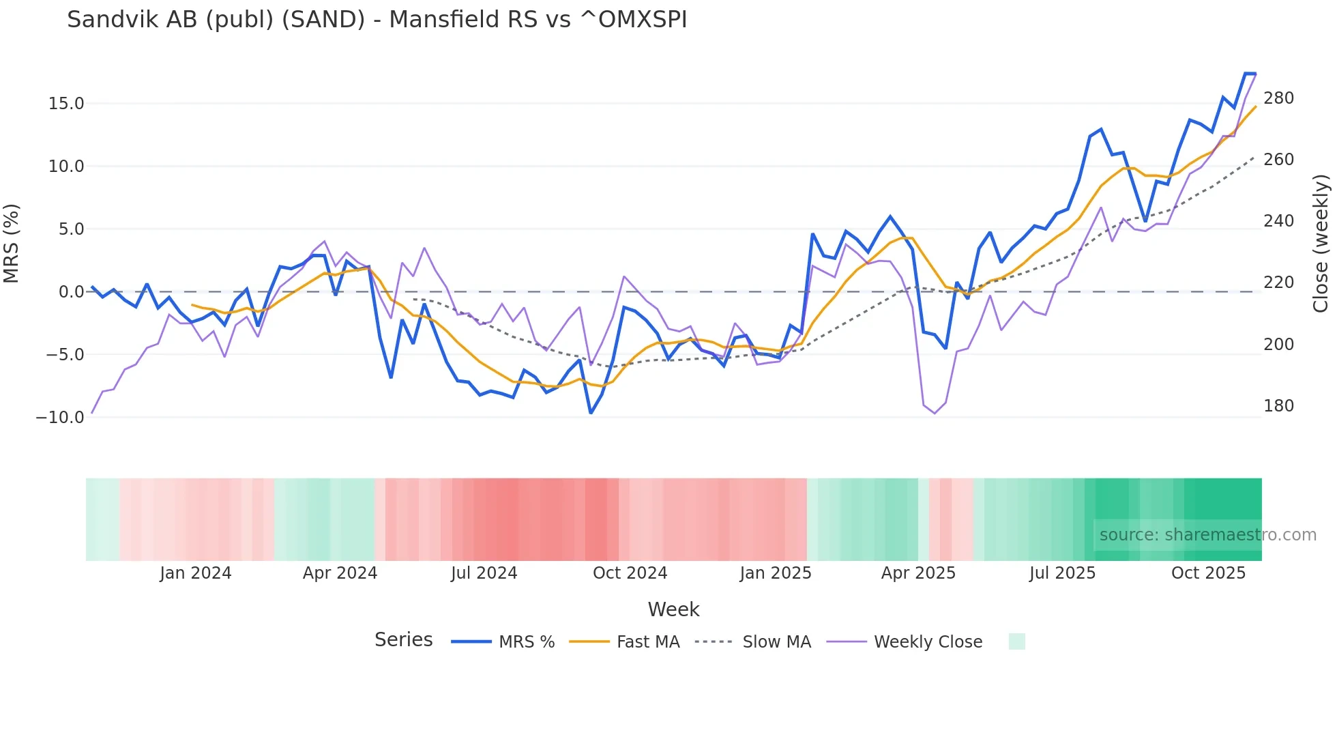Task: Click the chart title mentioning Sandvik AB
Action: (x=377, y=20)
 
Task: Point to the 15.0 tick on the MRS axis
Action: (x=65, y=104)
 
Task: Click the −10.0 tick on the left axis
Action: (x=60, y=417)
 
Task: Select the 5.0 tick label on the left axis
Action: (x=71, y=229)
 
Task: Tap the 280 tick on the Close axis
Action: (x=1278, y=98)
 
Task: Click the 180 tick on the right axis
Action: (x=1278, y=406)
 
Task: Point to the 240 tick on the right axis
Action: (x=1278, y=221)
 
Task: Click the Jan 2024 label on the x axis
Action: (x=196, y=573)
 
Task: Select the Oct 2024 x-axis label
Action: (x=630, y=573)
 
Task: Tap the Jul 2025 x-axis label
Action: (x=1062, y=573)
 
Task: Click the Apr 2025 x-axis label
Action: (x=918, y=573)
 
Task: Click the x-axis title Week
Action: (x=673, y=609)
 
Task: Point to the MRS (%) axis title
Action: (x=12, y=244)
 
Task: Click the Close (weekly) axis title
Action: (x=1321, y=244)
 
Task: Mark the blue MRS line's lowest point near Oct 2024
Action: (x=591, y=413)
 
